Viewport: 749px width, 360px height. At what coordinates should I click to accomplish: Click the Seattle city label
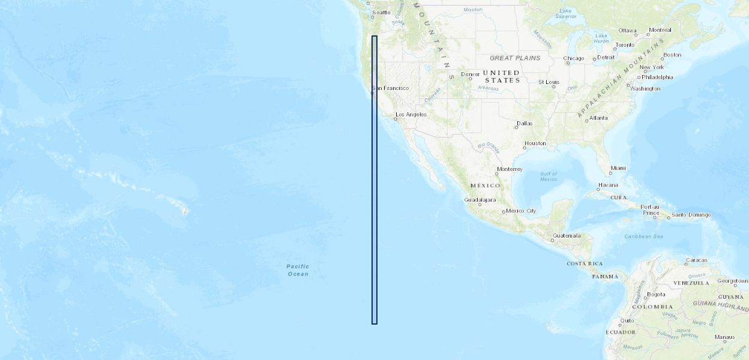381,13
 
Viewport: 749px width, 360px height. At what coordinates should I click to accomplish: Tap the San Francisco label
391,88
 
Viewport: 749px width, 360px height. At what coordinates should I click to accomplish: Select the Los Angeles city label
411,114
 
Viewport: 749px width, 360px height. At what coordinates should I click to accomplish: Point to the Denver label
470,74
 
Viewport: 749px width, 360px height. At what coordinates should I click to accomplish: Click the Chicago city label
574,59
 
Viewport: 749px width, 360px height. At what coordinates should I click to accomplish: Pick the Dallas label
525,124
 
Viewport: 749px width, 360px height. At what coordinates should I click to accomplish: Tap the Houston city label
535,143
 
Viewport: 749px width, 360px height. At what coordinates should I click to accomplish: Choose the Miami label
618,168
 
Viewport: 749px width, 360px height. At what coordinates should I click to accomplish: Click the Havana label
607,185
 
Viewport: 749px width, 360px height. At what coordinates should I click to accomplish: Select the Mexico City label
521,211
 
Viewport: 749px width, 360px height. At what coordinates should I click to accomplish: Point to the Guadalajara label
480,200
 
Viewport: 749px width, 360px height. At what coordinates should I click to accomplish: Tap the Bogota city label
656,295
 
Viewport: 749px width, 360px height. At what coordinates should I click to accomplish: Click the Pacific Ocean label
298,270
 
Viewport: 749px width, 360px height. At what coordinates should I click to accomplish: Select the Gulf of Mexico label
549,176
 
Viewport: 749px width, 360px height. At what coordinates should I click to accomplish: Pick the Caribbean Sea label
644,236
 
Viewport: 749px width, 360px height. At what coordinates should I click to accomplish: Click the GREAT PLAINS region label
515,58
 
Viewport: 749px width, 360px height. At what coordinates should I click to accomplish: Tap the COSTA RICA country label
585,263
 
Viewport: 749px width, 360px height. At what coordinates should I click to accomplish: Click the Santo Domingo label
691,215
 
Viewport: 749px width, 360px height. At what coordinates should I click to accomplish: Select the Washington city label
645,89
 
